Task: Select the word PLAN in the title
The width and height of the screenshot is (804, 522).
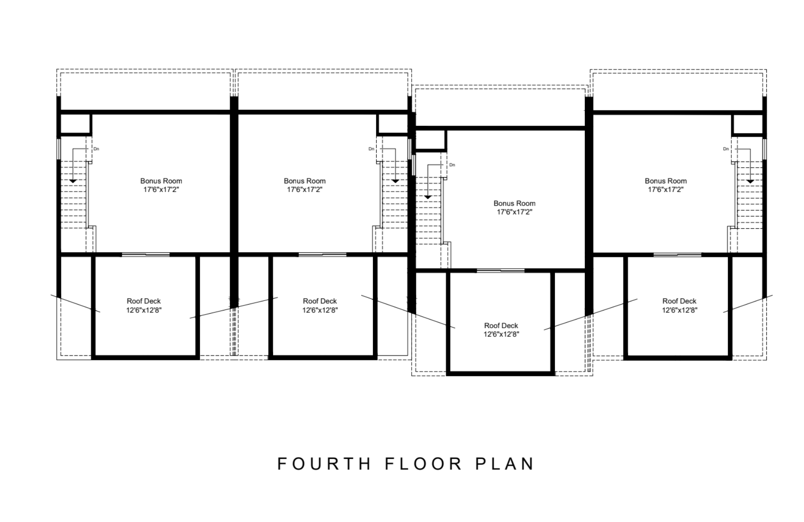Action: (x=505, y=464)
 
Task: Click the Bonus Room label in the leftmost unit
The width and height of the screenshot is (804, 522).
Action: (x=161, y=181)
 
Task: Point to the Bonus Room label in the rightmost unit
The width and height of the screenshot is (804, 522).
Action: (x=666, y=181)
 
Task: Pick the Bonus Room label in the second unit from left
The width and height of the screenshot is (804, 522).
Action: (x=304, y=181)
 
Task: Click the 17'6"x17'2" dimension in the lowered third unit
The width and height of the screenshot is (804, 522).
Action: (x=515, y=212)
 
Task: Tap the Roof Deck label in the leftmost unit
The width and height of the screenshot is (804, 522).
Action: (x=144, y=301)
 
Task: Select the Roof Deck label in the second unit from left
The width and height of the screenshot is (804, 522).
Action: (x=320, y=301)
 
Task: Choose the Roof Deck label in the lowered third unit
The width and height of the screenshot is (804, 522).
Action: (x=501, y=325)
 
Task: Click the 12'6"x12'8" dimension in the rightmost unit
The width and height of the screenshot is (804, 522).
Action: (x=679, y=310)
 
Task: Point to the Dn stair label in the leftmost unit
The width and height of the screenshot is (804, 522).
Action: (x=96, y=149)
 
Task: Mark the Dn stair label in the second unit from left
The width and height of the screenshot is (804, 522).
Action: (x=371, y=149)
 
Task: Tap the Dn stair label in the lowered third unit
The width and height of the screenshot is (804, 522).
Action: (x=452, y=165)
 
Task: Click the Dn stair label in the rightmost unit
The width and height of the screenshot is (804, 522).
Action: (x=726, y=149)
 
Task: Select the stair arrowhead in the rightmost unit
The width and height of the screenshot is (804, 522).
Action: (x=750, y=182)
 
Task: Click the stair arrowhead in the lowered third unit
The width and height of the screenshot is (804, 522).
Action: (x=427, y=197)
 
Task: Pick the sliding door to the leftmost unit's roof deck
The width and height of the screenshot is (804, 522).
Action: (x=146, y=255)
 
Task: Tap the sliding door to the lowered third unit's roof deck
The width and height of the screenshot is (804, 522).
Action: (x=501, y=271)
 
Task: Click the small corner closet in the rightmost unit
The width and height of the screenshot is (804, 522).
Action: (x=747, y=124)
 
